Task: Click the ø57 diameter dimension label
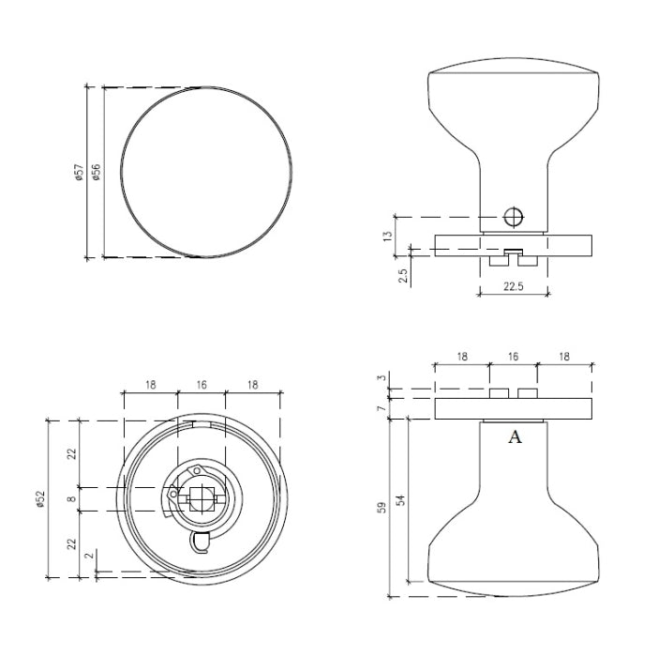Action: tap(81, 172)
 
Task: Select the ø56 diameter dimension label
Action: tap(96, 172)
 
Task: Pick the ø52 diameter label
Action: tap(40, 499)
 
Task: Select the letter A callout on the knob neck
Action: tap(514, 437)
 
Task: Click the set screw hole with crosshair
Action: tap(513, 217)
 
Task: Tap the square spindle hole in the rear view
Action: tap(199, 498)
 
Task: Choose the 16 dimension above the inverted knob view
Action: tap(512, 357)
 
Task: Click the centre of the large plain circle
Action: tap(205, 172)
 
